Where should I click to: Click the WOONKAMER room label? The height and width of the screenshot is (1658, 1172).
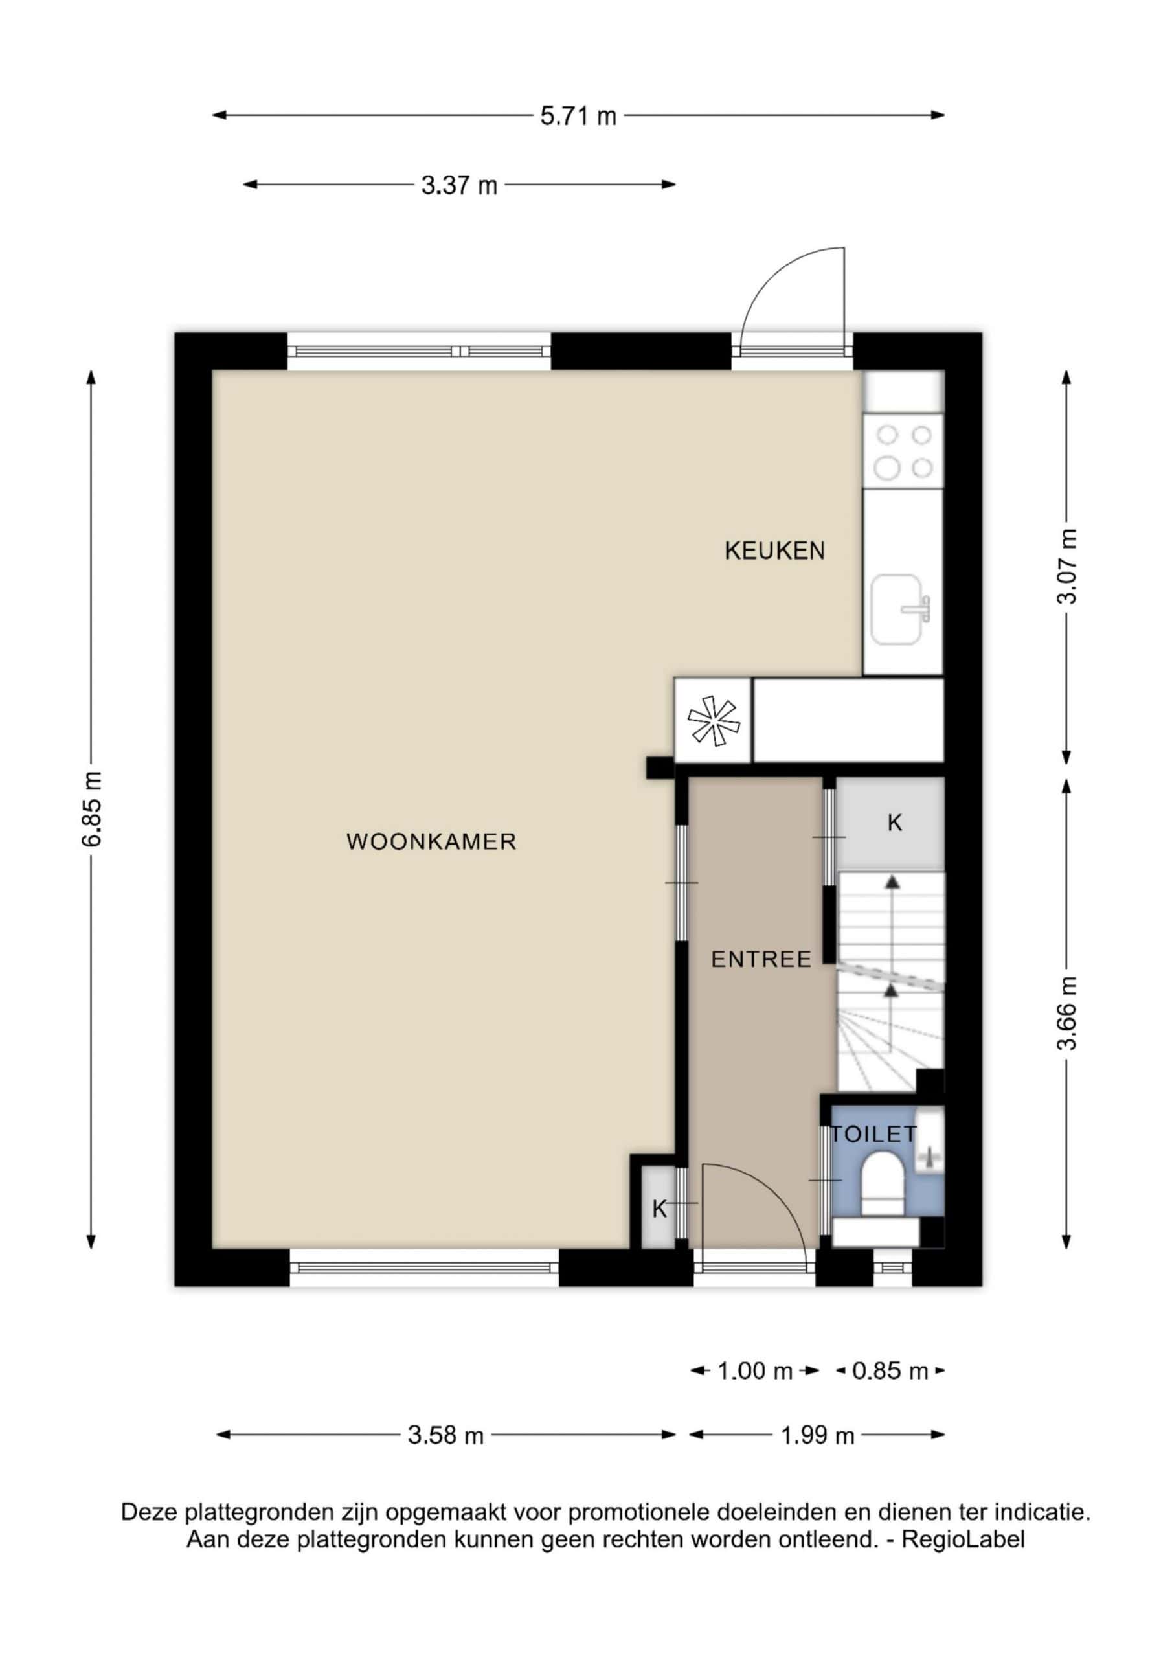click(x=431, y=841)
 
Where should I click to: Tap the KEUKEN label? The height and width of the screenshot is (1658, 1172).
click(x=774, y=551)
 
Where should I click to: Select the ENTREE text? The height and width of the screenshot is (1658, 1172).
click(x=761, y=960)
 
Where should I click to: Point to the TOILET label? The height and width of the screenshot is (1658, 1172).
click(x=873, y=1134)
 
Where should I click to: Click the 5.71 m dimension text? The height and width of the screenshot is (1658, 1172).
click(x=578, y=115)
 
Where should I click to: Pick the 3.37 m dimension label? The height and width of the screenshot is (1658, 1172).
click(x=459, y=186)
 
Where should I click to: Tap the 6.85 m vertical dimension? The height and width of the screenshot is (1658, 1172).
click(x=92, y=808)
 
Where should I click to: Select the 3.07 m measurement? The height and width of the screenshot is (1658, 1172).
click(x=1066, y=566)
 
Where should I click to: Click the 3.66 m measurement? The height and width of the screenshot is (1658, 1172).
click(x=1066, y=1012)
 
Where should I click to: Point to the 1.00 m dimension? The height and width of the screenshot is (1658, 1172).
click(x=754, y=1370)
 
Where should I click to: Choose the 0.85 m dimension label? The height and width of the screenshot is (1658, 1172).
click(x=890, y=1370)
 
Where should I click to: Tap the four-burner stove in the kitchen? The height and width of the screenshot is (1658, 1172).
click(x=903, y=451)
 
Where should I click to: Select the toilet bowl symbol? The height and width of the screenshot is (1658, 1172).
click(x=883, y=1183)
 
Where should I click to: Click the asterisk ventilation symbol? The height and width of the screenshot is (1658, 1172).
click(x=714, y=721)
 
